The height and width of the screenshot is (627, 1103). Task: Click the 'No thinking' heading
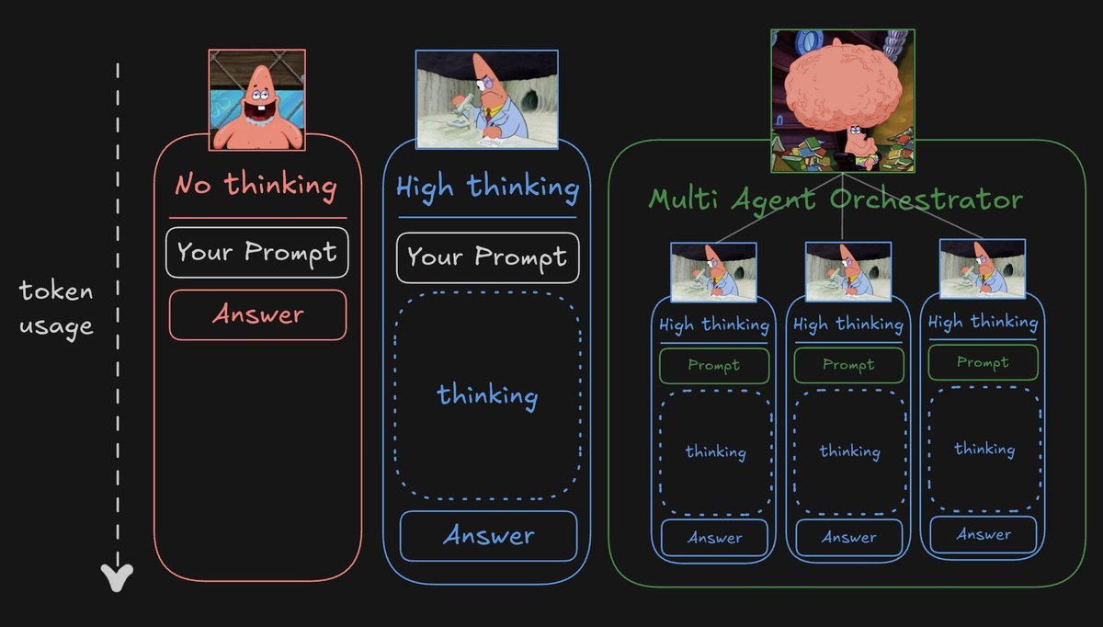coord(256,187)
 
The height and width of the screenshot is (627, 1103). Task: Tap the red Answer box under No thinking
coord(257,314)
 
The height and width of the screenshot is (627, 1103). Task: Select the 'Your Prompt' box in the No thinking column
coord(257,252)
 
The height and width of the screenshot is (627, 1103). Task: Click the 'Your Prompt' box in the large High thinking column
coord(487,257)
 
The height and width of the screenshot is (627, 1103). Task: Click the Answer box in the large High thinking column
coord(488,536)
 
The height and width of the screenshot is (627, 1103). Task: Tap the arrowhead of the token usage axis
coord(117,577)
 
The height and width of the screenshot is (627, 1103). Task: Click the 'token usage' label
coord(56,309)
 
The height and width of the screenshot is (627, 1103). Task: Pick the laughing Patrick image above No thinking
coord(257,100)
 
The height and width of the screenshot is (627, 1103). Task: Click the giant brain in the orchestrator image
coord(843,86)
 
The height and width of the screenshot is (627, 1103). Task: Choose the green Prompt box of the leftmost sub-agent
coord(714,366)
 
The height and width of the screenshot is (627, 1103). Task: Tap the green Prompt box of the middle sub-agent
coord(848,365)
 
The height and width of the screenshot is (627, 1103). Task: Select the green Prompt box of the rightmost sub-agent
coord(983,362)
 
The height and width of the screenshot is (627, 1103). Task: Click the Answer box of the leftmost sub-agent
coord(714,537)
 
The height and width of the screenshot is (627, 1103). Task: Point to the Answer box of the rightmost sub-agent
coord(984,534)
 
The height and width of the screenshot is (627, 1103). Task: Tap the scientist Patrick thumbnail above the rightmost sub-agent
coord(983,269)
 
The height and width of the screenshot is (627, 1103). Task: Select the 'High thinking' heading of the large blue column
coord(487,188)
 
